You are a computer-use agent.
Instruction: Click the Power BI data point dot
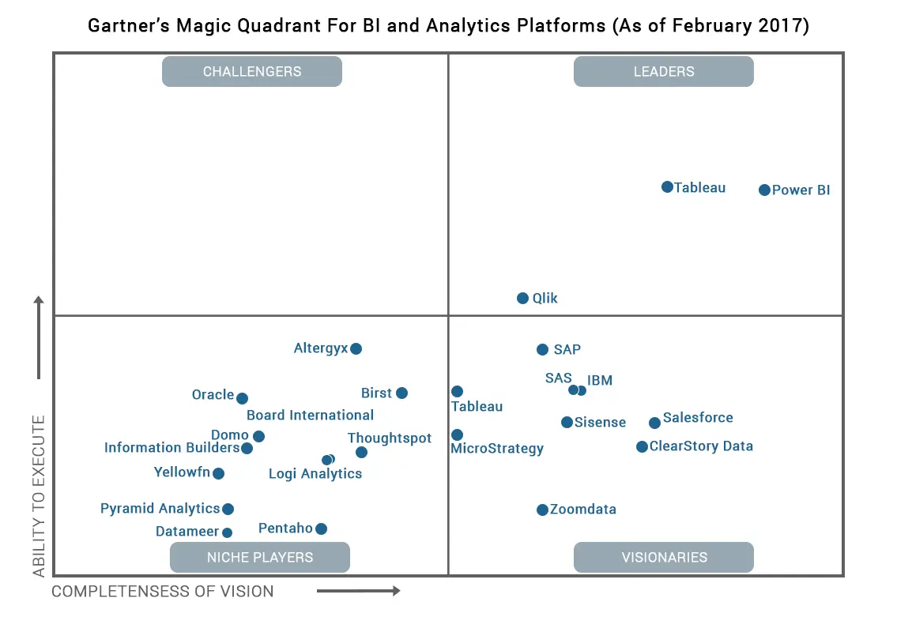click(764, 190)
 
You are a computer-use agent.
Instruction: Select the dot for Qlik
click(522, 298)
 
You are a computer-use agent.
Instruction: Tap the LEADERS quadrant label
click(663, 71)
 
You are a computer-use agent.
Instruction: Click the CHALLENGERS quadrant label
click(252, 71)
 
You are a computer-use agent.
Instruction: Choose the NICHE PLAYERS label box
click(260, 557)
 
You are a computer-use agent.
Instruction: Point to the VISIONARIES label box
click(663, 557)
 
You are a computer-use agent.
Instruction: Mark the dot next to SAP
click(542, 349)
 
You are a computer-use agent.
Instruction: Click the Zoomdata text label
click(582, 510)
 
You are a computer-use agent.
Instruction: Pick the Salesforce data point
click(654, 423)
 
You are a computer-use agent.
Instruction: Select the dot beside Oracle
click(242, 398)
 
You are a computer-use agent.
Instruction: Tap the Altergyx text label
click(320, 348)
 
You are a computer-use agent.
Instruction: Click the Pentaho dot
click(321, 529)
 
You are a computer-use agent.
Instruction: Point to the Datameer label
click(187, 532)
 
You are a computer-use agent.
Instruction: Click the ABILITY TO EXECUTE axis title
click(39, 496)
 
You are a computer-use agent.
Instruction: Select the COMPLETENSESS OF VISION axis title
click(163, 591)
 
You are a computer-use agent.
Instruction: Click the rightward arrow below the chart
click(359, 590)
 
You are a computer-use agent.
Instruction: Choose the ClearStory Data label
click(701, 446)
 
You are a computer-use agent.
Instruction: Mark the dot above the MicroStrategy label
click(457, 434)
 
